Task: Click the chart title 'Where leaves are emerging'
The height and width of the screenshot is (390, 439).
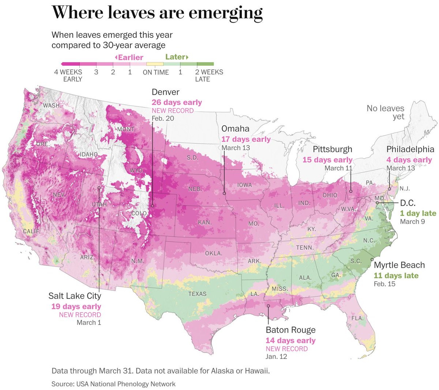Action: point(157,13)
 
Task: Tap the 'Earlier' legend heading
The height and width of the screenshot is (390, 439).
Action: point(129,57)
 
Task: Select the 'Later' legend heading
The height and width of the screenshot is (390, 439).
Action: point(177,57)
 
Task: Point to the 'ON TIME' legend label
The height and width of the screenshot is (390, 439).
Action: point(156,72)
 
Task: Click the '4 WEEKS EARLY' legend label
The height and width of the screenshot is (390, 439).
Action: point(68,76)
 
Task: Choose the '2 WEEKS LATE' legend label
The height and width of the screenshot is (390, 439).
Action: point(209,76)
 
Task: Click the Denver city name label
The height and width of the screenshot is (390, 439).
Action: point(165,92)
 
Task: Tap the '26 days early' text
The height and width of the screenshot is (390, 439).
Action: point(177,103)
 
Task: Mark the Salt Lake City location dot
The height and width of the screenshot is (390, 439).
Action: point(99,188)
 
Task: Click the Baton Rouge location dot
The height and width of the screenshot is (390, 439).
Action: point(268,306)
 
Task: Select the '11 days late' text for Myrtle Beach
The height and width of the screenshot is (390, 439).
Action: point(396,276)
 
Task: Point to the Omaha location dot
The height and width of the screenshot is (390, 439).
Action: point(224,193)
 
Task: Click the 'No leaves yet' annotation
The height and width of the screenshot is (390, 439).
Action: point(386,112)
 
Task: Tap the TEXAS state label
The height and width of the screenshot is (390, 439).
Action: point(197,294)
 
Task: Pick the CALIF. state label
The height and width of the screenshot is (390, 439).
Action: point(32,232)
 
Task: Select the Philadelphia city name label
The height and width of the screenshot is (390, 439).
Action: point(410,149)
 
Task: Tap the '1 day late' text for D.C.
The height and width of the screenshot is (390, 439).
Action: point(418,213)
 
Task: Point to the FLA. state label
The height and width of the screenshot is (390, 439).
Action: point(357,318)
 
